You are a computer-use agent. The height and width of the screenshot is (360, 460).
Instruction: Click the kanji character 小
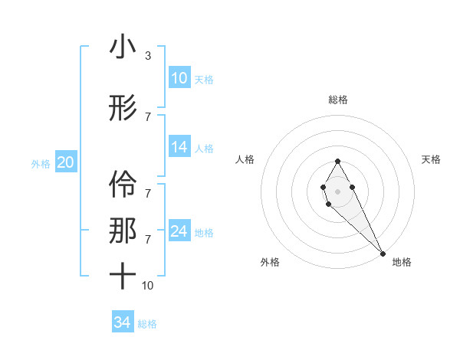(x=123, y=47)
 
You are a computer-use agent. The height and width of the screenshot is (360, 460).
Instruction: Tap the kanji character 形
(x=123, y=109)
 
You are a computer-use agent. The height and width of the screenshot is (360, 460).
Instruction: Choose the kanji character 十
(x=123, y=275)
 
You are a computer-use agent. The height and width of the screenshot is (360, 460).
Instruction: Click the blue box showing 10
(x=179, y=78)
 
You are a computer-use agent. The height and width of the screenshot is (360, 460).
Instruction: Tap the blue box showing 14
(x=179, y=147)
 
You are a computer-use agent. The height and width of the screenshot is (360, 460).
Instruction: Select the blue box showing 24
(x=179, y=231)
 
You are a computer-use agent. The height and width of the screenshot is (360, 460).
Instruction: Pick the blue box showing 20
(x=66, y=162)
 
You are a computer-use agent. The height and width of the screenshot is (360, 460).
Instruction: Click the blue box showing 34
(x=122, y=322)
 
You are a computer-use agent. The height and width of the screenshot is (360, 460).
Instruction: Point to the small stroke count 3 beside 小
(x=147, y=56)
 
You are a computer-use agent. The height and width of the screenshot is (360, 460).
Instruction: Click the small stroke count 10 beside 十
(x=147, y=286)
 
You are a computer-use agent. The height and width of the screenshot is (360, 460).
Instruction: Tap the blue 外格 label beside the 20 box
(x=41, y=163)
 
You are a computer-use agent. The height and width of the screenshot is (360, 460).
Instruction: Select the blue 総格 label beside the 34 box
(x=147, y=324)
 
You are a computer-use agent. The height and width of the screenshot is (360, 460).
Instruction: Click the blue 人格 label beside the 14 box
(x=204, y=149)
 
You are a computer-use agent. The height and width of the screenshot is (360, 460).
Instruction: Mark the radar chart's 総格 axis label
(x=338, y=100)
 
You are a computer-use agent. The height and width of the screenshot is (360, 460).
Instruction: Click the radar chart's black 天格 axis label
(x=431, y=159)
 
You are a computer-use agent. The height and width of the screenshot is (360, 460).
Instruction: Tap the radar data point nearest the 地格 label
(x=383, y=253)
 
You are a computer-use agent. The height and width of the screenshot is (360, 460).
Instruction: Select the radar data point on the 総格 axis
(x=337, y=161)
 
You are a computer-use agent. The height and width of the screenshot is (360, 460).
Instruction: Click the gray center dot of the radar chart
(x=337, y=190)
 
